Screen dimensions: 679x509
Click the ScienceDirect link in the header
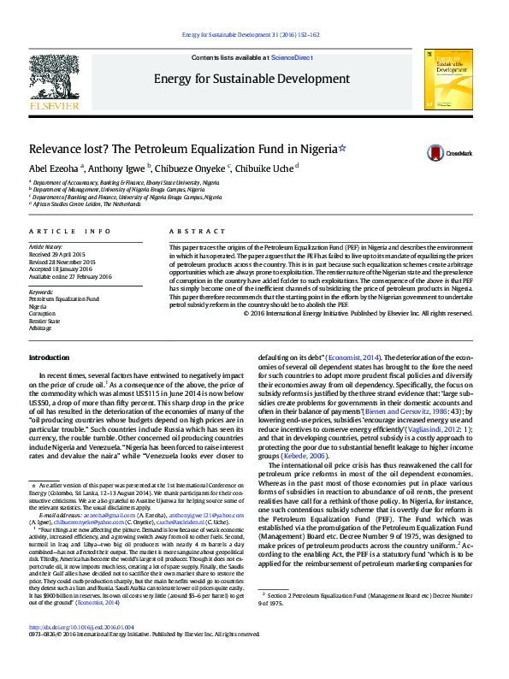[291, 57]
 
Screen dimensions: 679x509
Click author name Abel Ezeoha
[53, 168]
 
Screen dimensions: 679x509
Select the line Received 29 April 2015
[57, 255]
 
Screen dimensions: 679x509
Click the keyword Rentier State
[44, 320]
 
